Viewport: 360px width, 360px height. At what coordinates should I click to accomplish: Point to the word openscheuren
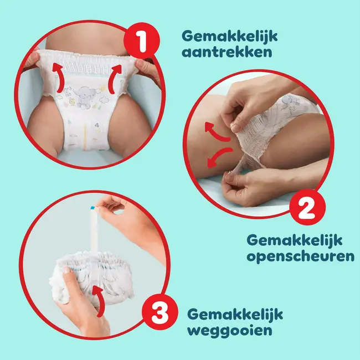click(300, 257)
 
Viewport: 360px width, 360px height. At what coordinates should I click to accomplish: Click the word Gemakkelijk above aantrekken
click(229, 37)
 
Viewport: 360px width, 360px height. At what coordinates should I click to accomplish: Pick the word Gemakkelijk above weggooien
click(235, 315)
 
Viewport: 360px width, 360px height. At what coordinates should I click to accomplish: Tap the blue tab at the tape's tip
click(92, 208)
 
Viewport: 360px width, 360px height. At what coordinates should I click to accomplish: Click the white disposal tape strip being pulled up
click(95, 238)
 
